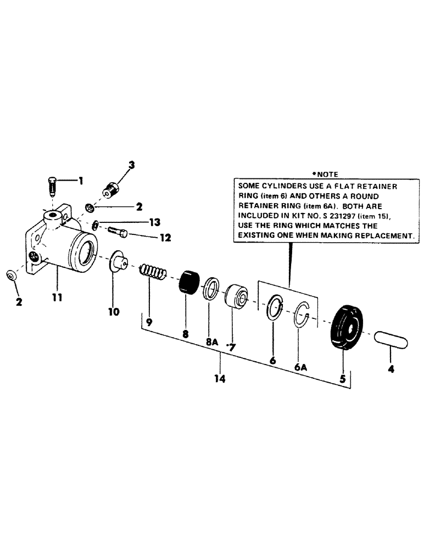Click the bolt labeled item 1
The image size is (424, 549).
51,187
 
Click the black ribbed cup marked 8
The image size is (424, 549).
188,281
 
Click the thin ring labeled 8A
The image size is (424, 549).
211,288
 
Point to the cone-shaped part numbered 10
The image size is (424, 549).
116,260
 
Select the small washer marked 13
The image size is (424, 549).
96,224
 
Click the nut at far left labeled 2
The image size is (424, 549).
11,274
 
